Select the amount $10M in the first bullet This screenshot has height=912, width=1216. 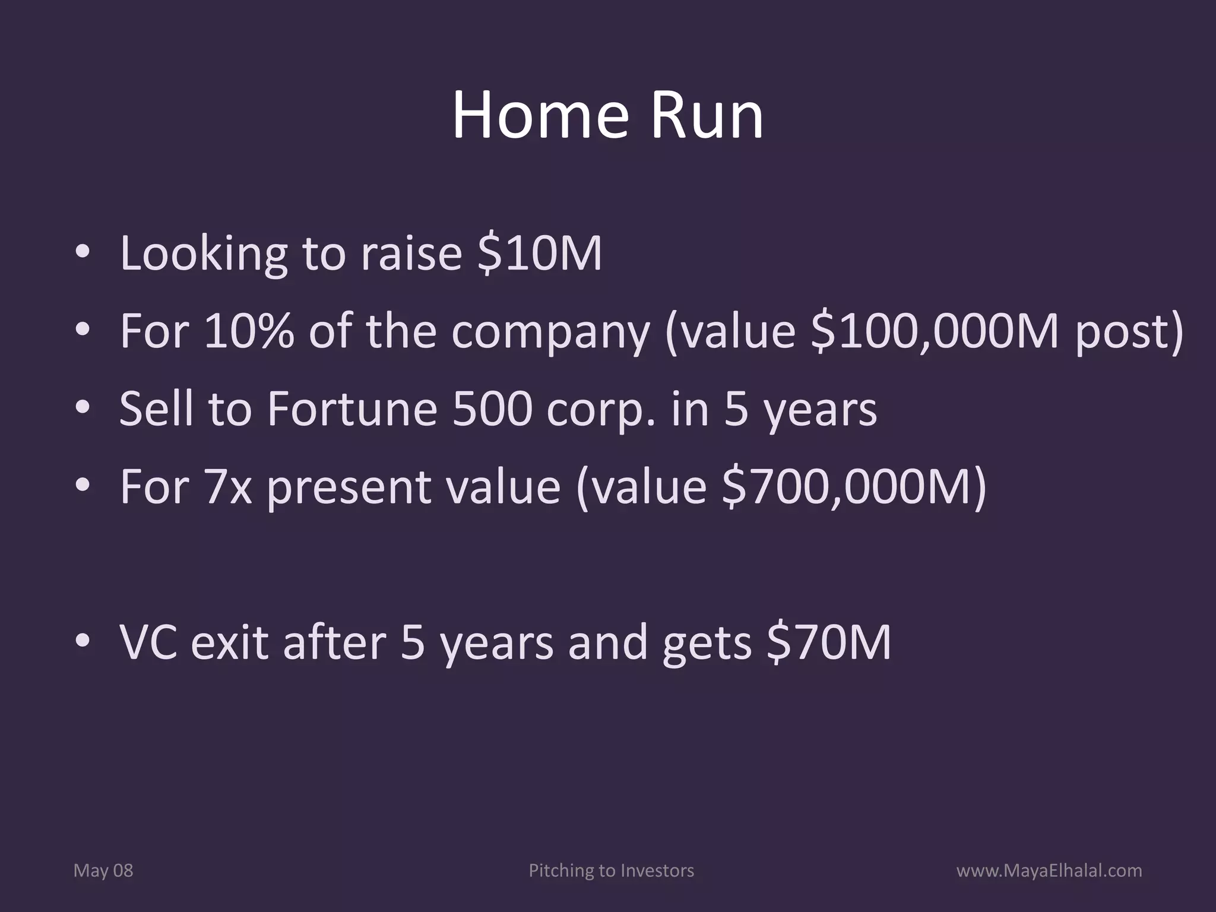[539, 254]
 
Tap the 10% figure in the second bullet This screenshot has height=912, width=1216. [249, 331]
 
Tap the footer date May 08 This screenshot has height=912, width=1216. [103, 871]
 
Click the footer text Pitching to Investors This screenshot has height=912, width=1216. [611, 871]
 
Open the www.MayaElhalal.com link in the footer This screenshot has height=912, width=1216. [1049, 871]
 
